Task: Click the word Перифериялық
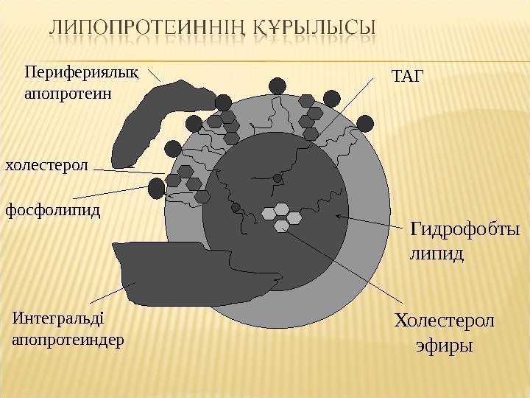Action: point(71,72)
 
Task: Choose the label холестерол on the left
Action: point(46,165)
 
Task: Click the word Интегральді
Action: point(59,319)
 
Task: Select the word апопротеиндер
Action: point(68,341)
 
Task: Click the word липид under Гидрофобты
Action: point(437,254)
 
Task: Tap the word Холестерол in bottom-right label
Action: point(445,321)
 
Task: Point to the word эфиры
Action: point(445,345)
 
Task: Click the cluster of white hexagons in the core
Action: point(283,214)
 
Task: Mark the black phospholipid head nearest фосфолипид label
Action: point(156,189)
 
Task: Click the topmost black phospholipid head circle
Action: point(278,85)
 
